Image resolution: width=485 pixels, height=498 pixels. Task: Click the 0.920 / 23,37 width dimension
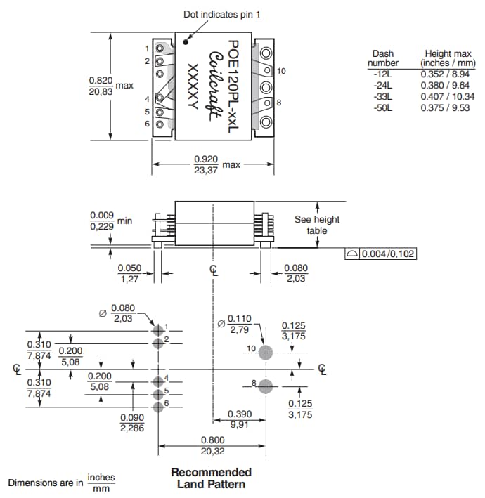(205, 164)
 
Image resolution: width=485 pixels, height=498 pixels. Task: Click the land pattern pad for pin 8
(266, 386)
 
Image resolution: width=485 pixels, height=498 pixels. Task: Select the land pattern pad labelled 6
(158, 406)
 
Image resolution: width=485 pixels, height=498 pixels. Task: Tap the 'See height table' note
(316, 225)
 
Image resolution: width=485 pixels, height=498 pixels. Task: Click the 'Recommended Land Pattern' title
(211, 478)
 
